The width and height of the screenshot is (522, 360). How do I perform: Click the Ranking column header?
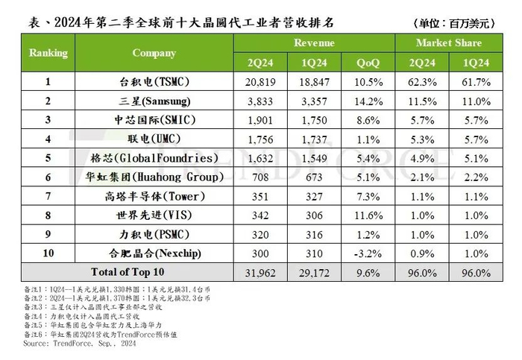(48, 53)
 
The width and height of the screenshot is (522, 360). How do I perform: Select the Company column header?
(154, 53)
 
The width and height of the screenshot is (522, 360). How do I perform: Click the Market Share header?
(449, 43)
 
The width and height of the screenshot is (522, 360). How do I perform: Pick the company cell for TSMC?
(154, 80)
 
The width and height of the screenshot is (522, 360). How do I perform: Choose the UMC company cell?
(154, 139)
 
